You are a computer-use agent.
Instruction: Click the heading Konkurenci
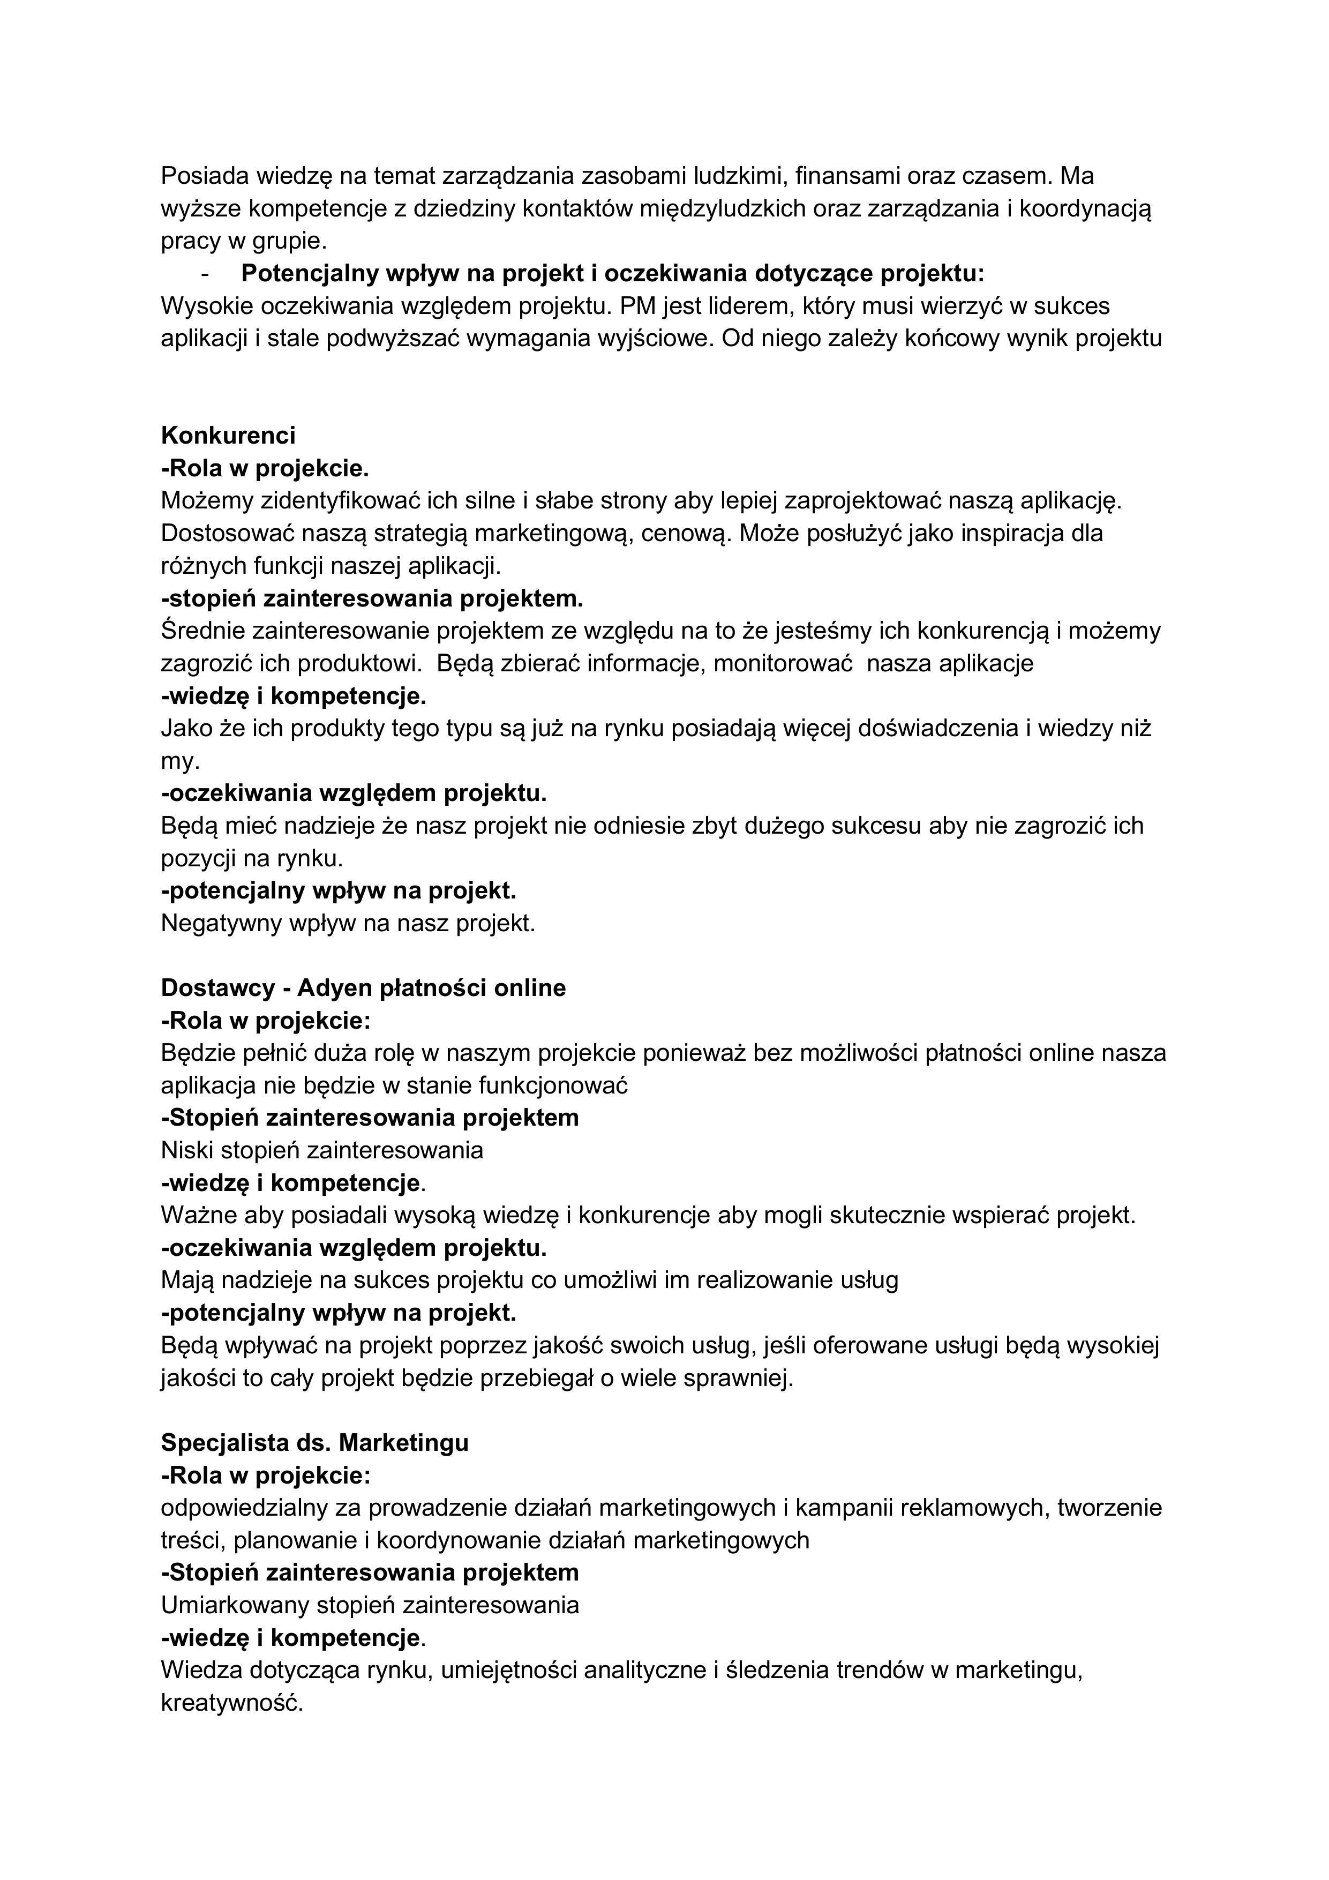click(x=228, y=435)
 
